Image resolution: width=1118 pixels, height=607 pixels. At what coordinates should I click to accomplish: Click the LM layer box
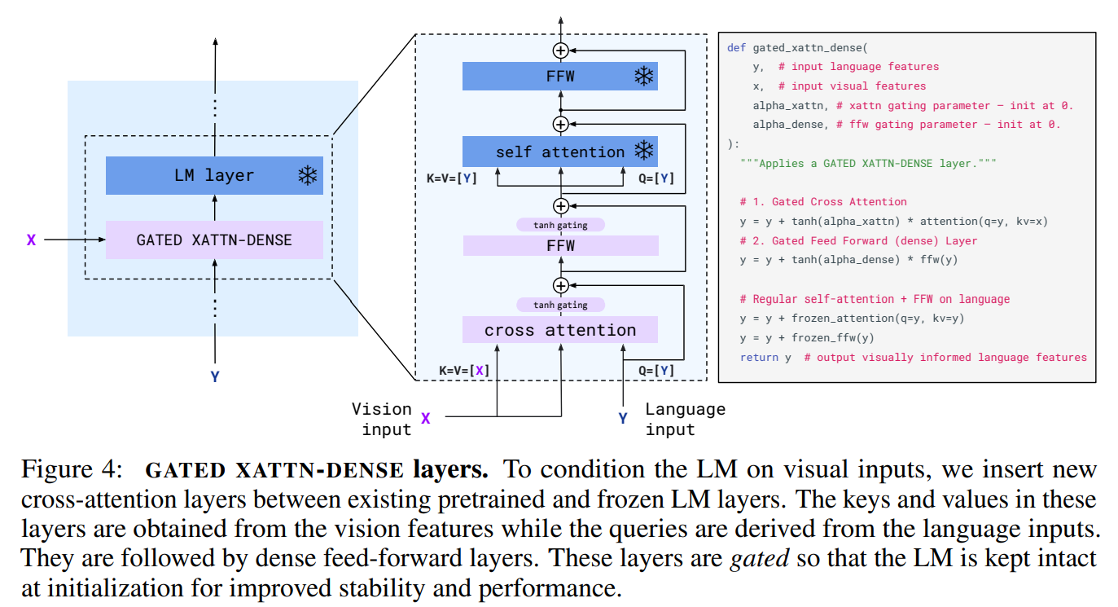(x=214, y=175)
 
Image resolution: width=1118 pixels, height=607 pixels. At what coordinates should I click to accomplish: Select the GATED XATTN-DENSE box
(x=214, y=240)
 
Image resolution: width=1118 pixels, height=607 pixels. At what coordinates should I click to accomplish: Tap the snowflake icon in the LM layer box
(x=307, y=175)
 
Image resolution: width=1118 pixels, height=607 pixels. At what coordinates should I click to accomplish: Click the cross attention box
(x=559, y=330)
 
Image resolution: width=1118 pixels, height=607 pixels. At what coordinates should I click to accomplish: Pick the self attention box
(x=559, y=152)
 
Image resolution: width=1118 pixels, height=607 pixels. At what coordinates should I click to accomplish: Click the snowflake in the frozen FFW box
(x=644, y=77)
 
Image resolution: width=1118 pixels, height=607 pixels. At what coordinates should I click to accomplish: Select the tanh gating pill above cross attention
(x=560, y=305)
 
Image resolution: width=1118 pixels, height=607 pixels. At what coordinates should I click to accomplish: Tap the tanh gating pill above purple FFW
(x=560, y=225)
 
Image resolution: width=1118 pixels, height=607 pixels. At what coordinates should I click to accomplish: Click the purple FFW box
(x=559, y=245)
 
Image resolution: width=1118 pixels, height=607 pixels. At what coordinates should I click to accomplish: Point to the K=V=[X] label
(x=464, y=370)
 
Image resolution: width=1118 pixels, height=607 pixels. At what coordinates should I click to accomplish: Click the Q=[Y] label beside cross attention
(x=655, y=370)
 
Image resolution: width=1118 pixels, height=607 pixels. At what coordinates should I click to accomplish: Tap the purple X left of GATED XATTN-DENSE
(x=31, y=240)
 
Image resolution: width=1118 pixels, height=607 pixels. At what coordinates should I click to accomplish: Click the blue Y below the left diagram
(x=215, y=376)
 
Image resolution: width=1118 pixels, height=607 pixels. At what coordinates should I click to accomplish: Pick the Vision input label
(x=381, y=419)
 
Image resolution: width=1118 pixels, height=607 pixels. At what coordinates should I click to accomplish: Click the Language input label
(x=685, y=419)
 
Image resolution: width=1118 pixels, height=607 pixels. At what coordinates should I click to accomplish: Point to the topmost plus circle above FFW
(x=560, y=51)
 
